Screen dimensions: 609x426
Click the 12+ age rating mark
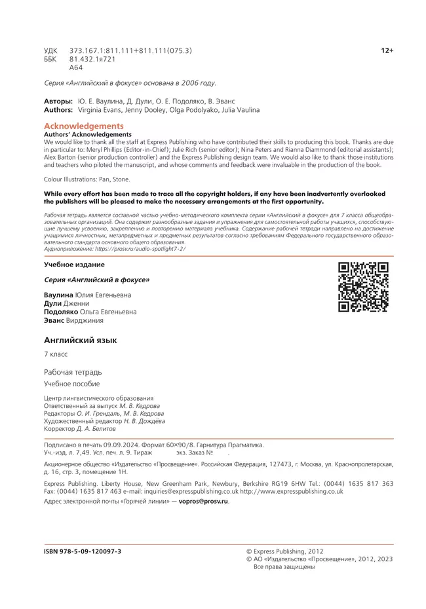coord(387,50)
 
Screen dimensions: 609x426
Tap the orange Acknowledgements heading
coord(83,126)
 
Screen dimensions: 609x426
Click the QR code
coord(363,287)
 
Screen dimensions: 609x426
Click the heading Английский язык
coord(79,341)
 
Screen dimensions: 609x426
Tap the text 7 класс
coord(56,354)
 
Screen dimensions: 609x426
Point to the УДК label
coord(50,50)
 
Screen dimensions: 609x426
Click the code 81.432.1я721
coord(92,58)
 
